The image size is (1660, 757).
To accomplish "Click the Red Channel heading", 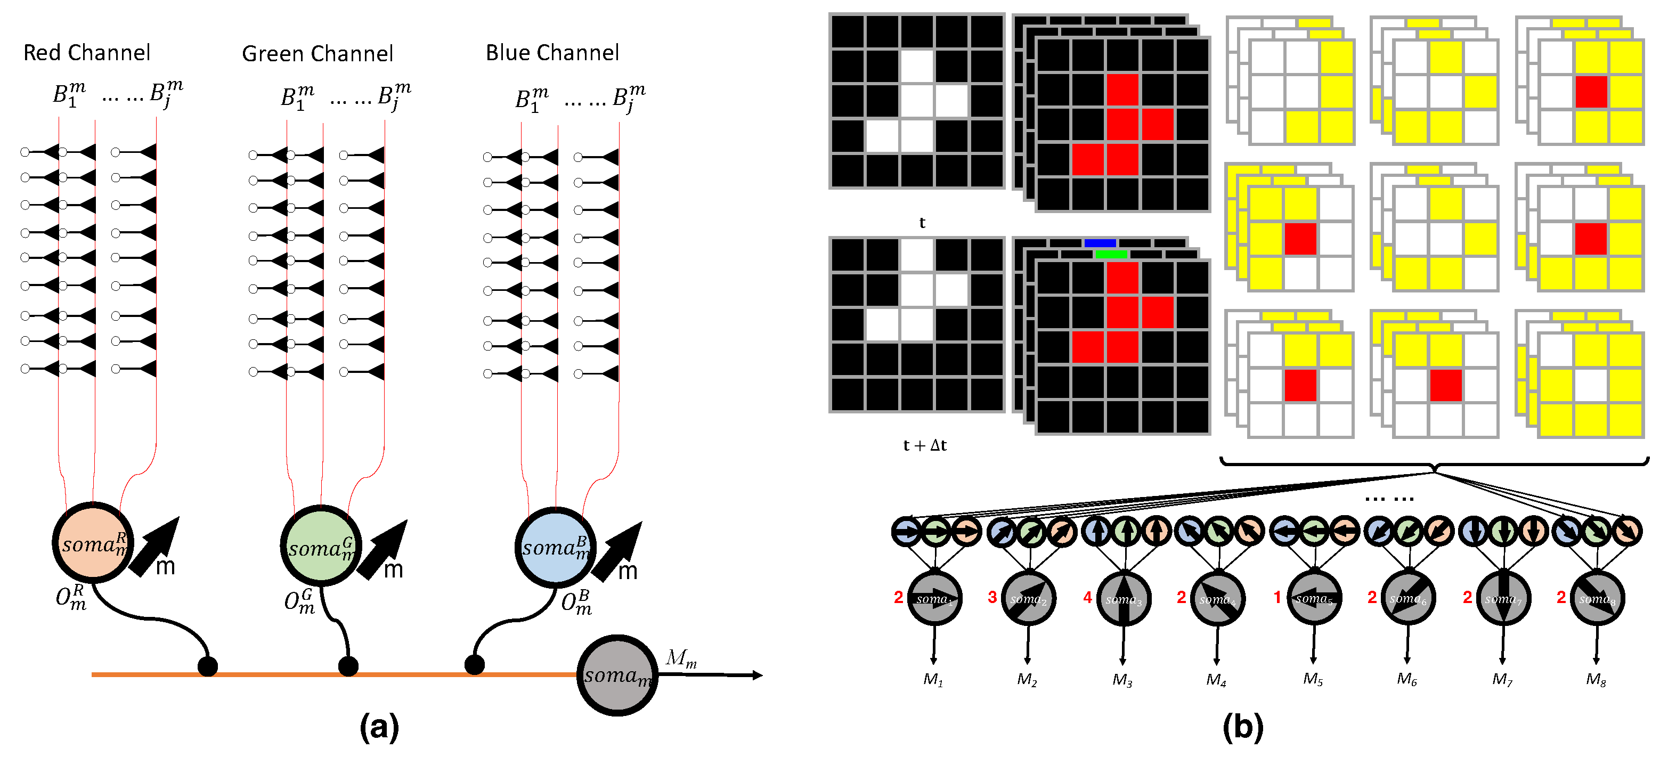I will (86, 52).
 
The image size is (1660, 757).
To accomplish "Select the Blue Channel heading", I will (552, 52).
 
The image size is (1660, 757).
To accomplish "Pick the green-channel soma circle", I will (320, 547).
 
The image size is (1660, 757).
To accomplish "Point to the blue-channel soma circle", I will (555, 548).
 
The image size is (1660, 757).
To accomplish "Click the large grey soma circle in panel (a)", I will (617, 675).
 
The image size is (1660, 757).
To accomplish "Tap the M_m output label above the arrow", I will (681, 658).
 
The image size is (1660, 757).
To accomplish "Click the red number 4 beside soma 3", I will (1088, 597).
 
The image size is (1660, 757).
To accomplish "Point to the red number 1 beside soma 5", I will (1277, 597).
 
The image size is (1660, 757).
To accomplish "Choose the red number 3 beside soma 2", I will (992, 597).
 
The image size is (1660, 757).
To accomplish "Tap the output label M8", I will (1596, 679).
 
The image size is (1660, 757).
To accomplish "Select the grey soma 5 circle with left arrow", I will (1314, 598).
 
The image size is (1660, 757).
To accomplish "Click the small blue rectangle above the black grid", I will (1100, 243).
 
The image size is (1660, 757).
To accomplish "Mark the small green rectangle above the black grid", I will (1111, 255).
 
